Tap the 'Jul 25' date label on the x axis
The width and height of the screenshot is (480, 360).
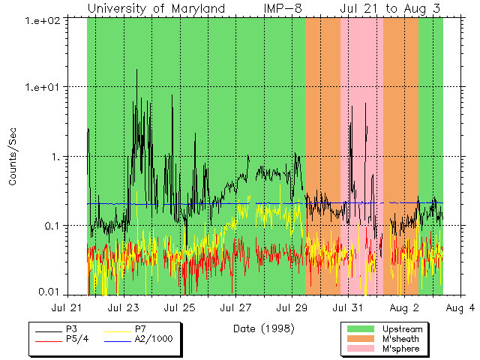[180, 307]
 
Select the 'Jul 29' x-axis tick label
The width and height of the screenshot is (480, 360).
[292, 307]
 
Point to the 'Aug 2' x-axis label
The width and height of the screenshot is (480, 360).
[405, 307]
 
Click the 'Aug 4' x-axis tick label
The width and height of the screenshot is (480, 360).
[461, 307]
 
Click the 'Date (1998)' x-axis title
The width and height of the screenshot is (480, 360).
[263, 328]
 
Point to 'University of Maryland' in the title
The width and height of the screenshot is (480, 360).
[156, 8]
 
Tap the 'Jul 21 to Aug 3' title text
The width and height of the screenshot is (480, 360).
[390, 8]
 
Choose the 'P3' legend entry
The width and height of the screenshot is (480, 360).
[71, 329]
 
